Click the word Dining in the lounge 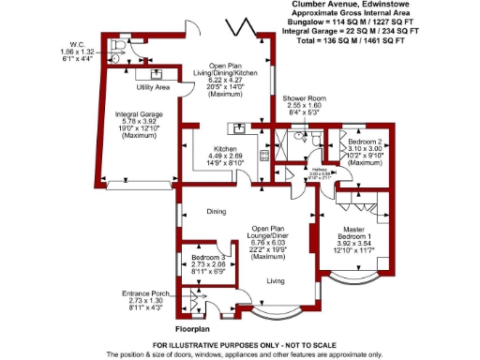coord(217,213)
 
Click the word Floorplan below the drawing coord(198,330)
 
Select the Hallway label coord(321,170)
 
